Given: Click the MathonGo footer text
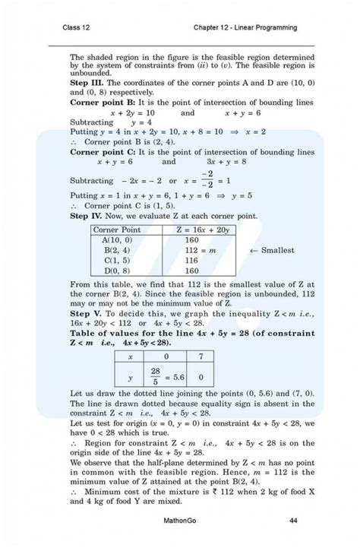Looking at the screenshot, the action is pos(184,521).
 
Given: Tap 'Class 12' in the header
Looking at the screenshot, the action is pos(77,28).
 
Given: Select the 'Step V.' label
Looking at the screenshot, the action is pos(88,313).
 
